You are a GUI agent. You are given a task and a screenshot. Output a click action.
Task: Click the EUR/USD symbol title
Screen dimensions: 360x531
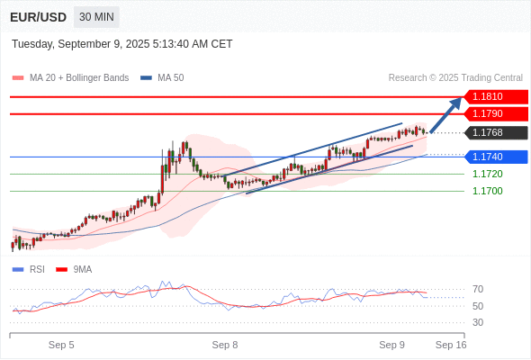click(37, 17)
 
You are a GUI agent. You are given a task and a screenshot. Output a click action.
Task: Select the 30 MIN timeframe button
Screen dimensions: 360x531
click(96, 17)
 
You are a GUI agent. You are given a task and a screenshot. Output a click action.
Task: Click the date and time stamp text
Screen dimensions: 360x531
click(122, 44)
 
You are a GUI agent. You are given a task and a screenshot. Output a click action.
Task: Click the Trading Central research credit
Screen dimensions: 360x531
click(455, 78)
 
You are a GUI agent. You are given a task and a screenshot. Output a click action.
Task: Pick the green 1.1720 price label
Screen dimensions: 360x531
click(487, 174)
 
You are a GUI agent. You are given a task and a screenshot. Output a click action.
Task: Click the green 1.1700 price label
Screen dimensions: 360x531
click(487, 191)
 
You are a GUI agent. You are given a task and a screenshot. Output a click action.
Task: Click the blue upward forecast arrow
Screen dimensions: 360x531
click(446, 114)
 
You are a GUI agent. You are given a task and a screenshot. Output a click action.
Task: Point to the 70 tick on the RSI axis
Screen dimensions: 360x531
click(478, 289)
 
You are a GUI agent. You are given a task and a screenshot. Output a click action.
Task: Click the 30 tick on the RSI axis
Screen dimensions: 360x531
click(478, 322)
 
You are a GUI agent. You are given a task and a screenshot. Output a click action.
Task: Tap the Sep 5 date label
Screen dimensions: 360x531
click(61, 345)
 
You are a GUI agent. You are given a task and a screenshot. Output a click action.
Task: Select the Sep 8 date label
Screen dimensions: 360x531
click(225, 345)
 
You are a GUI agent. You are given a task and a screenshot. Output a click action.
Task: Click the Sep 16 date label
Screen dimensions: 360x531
click(451, 345)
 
